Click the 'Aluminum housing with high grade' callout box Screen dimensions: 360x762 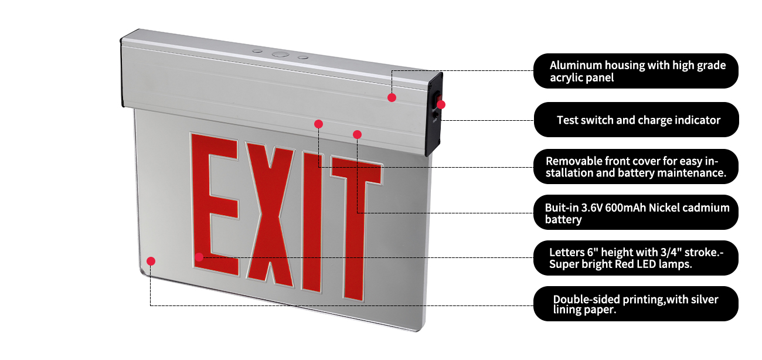click(x=636, y=71)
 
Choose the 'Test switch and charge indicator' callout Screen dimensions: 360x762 click(x=636, y=120)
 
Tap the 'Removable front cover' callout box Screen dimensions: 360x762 click(x=636, y=167)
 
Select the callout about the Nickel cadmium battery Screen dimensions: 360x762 click(x=636, y=213)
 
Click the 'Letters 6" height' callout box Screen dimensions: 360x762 click(x=636, y=258)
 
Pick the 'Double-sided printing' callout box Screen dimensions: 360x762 click(x=636, y=304)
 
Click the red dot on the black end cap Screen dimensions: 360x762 click(x=441, y=104)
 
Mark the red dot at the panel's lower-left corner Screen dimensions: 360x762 click(x=151, y=261)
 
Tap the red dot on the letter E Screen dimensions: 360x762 click(x=199, y=256)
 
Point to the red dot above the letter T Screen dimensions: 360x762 click(x=358, y=134)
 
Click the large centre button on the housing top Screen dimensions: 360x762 click(x=280, y=55)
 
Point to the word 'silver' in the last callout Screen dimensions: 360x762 click(x=703, y=299)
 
